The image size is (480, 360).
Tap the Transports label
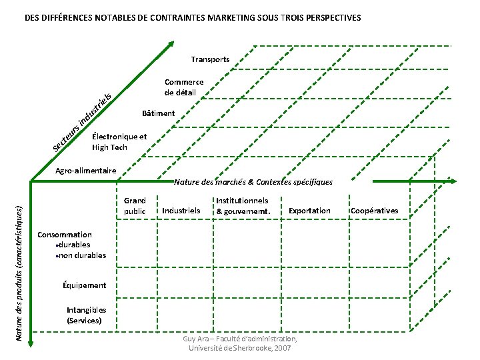pos(210,59)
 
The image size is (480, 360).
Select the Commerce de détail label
pos(184,87)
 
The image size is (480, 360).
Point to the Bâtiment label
pos(159,113)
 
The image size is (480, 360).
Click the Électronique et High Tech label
pos(119,142)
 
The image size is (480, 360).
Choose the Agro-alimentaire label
pos(85,171)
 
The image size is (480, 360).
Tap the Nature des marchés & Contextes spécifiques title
pos(253,181)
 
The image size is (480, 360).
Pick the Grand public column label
pos(135,206)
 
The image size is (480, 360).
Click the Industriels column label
pos(181,211)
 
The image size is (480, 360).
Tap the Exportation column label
pos(309,211)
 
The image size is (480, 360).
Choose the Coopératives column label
pos(374,211)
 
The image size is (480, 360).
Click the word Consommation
pos(65,235)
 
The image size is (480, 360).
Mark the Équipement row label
pos(83,285)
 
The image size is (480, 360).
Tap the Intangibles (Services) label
pos(86,315)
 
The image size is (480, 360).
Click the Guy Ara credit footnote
pos(240,344)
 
